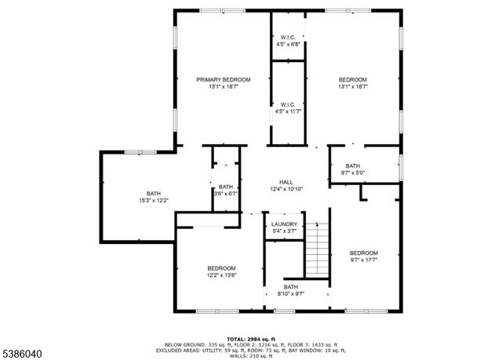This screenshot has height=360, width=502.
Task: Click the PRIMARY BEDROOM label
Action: [224, 80]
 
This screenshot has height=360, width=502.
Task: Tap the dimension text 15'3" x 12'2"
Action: [153, 201]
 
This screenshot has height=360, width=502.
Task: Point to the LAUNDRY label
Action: [284, 224]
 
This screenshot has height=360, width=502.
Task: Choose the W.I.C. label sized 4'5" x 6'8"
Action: [287, 38]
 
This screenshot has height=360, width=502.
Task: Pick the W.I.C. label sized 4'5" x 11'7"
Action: [287, 104]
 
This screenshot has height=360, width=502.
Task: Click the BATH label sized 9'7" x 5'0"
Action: [353, 165]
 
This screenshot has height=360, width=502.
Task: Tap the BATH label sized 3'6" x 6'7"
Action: [226, 187]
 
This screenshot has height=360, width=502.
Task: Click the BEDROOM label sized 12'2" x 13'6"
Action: [221, 268]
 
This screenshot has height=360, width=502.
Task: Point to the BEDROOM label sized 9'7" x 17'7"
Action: [364, 253]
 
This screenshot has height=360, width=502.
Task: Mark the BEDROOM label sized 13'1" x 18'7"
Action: [353, 80]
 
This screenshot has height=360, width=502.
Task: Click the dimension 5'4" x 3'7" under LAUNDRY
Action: [284, 231]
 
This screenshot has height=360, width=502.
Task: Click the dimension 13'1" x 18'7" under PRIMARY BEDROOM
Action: [224, 87]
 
